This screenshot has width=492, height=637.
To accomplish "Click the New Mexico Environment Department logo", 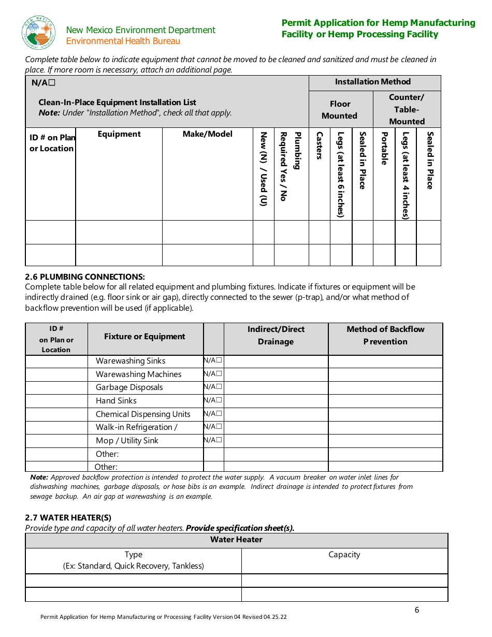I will pos(38,33).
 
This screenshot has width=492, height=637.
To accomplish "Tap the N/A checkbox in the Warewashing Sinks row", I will pos(219,360).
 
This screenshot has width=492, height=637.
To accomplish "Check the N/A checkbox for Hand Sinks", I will pos(219,400).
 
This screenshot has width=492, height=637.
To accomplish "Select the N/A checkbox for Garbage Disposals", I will pos(219,387).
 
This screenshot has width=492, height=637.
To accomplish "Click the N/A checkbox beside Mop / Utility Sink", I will pos(219,440).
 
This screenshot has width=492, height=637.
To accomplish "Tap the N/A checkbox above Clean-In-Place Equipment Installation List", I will pos(52,83).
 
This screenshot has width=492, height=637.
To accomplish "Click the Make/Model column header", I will pos(208,134).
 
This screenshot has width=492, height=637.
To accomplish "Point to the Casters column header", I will pos(320,146).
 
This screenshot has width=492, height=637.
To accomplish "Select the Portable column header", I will pos(384,149).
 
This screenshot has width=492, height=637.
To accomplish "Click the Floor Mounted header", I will pos(340,110).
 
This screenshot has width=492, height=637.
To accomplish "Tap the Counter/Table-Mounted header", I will pos(407,109).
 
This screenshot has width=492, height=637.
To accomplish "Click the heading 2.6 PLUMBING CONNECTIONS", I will pos(85,277).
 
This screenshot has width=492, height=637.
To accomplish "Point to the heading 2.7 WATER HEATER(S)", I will pos(68,517).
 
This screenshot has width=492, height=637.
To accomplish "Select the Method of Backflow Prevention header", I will pos(385,335).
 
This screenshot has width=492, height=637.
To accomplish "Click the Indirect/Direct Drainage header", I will pos(276,335).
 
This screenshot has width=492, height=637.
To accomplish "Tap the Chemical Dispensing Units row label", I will pos(143,414).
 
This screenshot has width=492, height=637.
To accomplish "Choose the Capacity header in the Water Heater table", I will pos(344,555).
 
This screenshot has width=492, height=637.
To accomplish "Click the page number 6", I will pos(417,610).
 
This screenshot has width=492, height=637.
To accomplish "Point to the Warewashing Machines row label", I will pos(138,374).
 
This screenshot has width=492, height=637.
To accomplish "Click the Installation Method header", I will pos(372,82).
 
